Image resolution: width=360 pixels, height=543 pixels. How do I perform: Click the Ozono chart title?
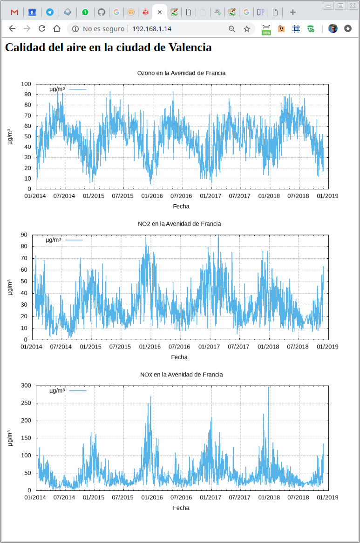click(181, 73)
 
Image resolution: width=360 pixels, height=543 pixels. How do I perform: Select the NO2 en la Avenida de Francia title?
click(179, 224)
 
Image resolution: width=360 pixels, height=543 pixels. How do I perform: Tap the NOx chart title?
click(181, 375)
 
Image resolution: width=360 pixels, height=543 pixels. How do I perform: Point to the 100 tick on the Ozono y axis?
click(27, 84)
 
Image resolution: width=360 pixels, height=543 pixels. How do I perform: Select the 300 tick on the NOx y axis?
click(27, 386)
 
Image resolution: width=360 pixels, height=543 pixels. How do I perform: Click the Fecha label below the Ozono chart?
click(181, 206)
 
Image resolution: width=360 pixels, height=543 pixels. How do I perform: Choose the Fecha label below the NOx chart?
click(181, 508)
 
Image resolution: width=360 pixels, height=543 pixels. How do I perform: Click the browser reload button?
click(42, 29)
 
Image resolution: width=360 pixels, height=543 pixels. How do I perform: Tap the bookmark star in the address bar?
click(247, 29)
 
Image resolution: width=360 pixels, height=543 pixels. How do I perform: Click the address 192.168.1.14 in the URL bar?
click(152, 29)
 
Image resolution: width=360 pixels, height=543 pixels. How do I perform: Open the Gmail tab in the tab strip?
click(14, 12)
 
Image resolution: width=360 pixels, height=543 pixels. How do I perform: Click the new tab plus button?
click(293, 12)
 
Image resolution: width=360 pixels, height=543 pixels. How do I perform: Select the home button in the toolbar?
click(57, 29)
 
